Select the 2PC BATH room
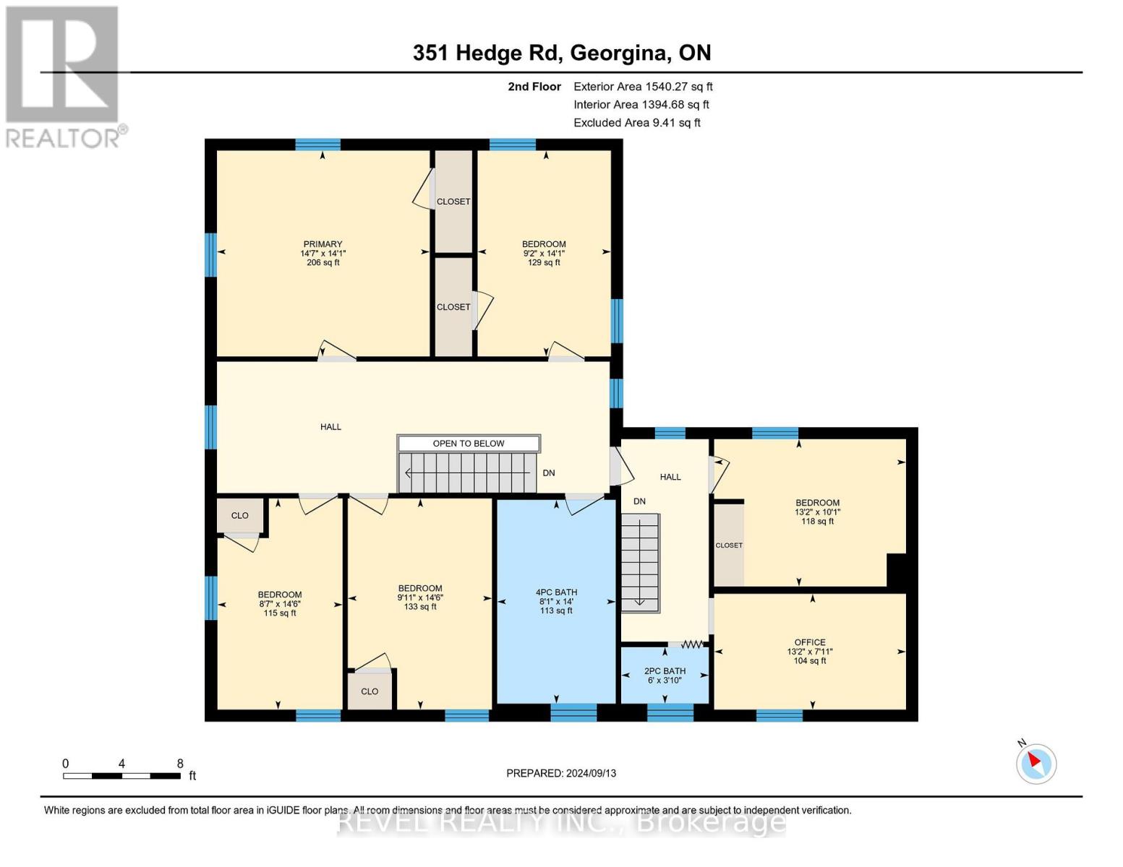[x=665, y=676]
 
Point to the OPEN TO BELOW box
[x=469, y=444]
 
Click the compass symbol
[x=1036, y=763]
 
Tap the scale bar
[x=121, y=776]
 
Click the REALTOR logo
[x=64, y=76]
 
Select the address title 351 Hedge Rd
[x=562, y=53]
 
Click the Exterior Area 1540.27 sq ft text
[x=643, y=87]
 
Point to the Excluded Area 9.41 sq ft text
[x=636, y=123]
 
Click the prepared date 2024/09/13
[x=561, y=773]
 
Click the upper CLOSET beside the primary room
[x=453, y=202]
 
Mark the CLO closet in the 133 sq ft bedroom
[x=370, y=691]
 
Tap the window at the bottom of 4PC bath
[x=573, y=712]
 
